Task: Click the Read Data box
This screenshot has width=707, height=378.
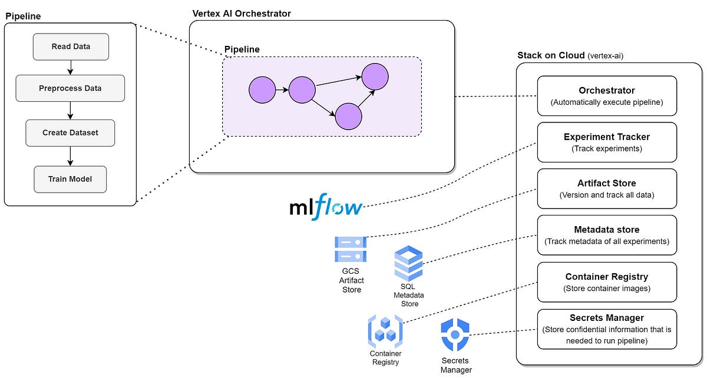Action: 70,47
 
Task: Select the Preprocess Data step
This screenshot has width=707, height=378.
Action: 70,88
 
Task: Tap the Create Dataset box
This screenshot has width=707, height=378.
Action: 70,132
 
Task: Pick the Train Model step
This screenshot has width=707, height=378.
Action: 70,179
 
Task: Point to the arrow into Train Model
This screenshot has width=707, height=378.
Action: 70,156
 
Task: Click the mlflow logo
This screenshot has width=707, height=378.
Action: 326,208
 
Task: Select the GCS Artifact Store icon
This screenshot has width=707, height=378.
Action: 351,249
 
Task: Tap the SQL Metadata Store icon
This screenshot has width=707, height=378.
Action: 409,264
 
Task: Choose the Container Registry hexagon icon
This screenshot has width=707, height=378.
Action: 385,330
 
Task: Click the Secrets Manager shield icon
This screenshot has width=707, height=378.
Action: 455,335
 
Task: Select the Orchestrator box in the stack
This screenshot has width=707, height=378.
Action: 607,96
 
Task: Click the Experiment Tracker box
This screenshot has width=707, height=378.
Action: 607,142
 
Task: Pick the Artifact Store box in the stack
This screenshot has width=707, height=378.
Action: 607,188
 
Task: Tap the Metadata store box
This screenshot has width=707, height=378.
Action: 607,235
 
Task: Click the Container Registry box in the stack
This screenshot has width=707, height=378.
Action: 607,281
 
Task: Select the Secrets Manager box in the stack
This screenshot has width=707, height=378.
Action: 607,329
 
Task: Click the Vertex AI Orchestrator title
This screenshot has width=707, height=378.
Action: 242,13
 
